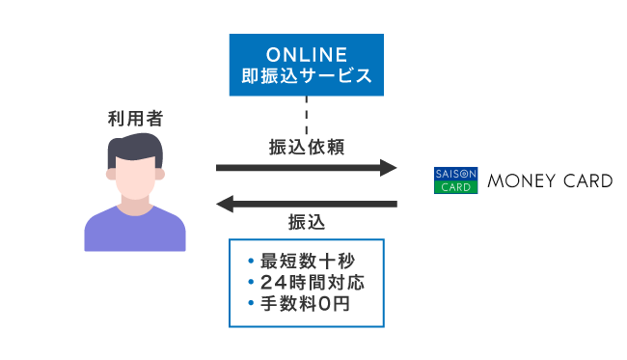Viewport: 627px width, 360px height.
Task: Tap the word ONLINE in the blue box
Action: [x=306, y=52]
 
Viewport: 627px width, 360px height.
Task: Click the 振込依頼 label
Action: [x=306, y=148]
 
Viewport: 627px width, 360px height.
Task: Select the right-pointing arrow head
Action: [x=388, y=168]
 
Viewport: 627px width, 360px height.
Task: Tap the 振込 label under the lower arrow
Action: [x=307, y=222]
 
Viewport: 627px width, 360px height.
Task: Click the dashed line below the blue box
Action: [x=306, y=115]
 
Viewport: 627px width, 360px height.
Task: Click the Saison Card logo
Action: [x=455, y=180]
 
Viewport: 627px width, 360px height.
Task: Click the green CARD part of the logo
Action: [x=455, y=187]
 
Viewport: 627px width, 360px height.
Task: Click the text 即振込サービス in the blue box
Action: [x=306, y=74]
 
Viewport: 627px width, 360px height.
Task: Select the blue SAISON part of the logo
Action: [x=455, y=173]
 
